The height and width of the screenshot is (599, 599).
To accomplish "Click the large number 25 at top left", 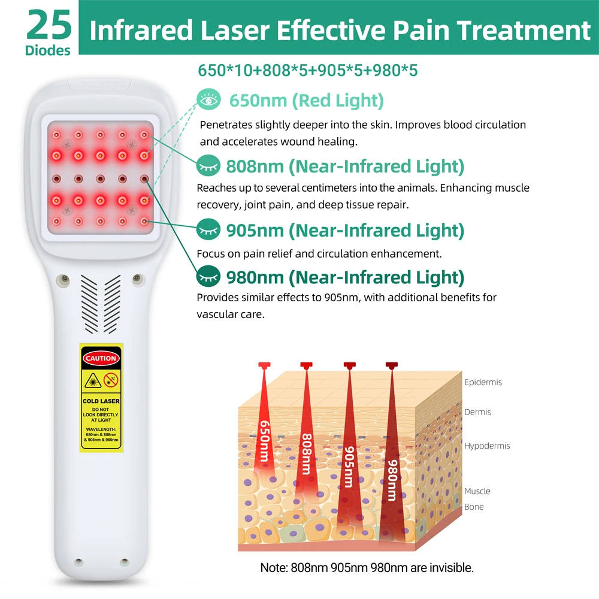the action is click(x=49, y=25).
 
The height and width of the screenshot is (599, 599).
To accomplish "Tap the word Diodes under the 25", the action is click(x=48, y=50).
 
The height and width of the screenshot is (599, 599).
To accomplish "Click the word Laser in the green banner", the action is click(x=235, y=30).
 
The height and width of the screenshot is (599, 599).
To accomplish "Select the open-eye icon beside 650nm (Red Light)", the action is click(x=208, y=99).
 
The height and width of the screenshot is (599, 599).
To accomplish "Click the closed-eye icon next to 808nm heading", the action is click(x=208, y=165).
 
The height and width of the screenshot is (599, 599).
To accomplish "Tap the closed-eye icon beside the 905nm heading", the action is click(x=208, y=229).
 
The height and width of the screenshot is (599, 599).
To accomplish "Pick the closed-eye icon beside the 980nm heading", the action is click(x=208, y=276).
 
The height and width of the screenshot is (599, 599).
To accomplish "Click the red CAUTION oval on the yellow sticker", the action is click(x=101, y=358).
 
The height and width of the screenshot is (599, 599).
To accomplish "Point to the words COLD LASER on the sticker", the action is click(x=101, y=401).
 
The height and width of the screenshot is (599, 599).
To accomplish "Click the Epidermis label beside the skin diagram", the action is click(x=483, y=382).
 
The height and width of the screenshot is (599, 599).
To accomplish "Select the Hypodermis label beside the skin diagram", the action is click(x=487, y=446).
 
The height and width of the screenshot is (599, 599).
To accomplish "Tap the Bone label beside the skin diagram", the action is click(x=474, y=507).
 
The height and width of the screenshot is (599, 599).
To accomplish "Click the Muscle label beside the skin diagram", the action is click(x=477, y=491).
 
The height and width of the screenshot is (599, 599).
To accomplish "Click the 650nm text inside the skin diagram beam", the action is click(x=264, y=441).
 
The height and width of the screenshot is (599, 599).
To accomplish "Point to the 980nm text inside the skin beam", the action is click(x=392, y=480).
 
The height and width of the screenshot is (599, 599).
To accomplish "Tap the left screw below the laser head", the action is click(x=64, y=280).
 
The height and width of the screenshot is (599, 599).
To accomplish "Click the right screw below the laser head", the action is click(x=138, y=279).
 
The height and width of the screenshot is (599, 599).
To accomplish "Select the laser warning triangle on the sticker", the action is click(x=92, y=381).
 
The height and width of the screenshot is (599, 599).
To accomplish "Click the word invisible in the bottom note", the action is click(x=451, y=568).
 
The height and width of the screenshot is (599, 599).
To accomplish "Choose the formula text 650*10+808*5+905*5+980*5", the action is click(x=307, y=70).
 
